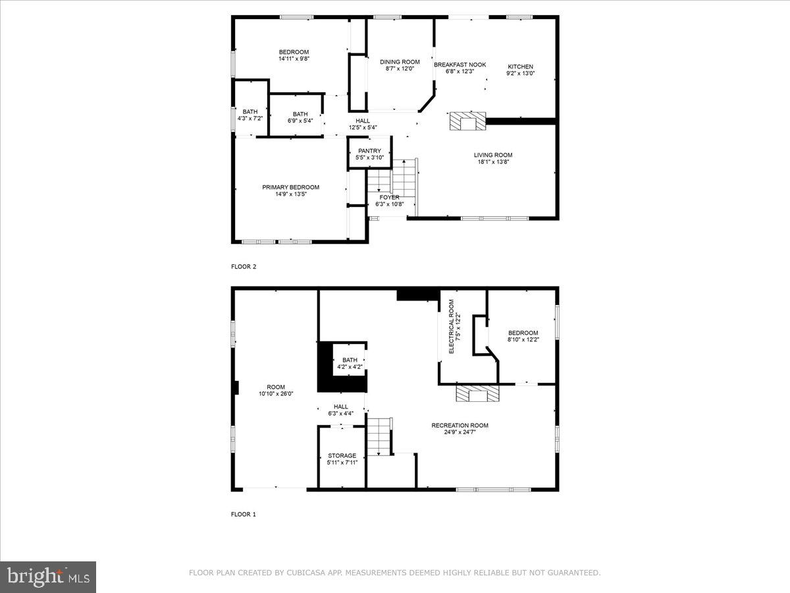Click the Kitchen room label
pos(520,67)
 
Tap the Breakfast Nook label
pos(460,65)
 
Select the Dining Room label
pos(400,62)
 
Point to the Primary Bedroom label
pos(290,187)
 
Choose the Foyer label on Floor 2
pos(388,197)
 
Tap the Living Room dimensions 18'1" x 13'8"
pos(493,162)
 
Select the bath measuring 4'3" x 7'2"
pos(250,115)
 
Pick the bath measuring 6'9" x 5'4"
pos(300,117)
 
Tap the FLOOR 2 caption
pos(243,267)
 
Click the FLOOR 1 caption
pos(243,514)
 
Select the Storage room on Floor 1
pos(342,459)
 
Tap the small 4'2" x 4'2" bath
pos(349,362)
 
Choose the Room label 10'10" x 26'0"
pos(275,390)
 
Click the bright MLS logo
pos(48,577)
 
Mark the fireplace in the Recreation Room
pos(477,394)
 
